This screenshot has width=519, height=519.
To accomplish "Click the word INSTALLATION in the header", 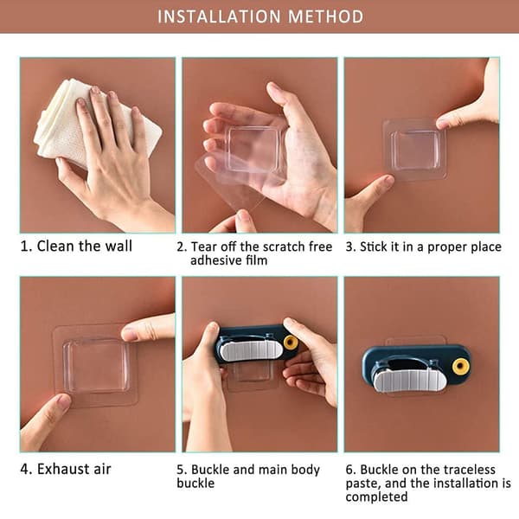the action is point(219,16).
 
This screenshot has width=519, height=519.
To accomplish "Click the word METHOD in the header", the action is point(326,16).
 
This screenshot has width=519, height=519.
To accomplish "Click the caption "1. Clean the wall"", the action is point(76,247).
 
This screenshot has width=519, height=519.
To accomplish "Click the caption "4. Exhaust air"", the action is point(66,469).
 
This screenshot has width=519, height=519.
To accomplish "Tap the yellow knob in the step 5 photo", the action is point(291,343).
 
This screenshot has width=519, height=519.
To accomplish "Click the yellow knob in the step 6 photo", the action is point(460,367).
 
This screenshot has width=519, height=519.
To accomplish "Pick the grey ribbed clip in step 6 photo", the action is point(410,381).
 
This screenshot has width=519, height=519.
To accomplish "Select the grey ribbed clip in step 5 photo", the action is point(251,350).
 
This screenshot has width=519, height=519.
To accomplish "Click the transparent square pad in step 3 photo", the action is point(414,150).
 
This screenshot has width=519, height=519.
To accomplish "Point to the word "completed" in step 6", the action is point(376,497).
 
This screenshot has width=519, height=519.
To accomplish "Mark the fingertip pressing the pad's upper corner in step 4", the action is point(128,334).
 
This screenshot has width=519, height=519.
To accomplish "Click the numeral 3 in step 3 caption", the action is point(349,247).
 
